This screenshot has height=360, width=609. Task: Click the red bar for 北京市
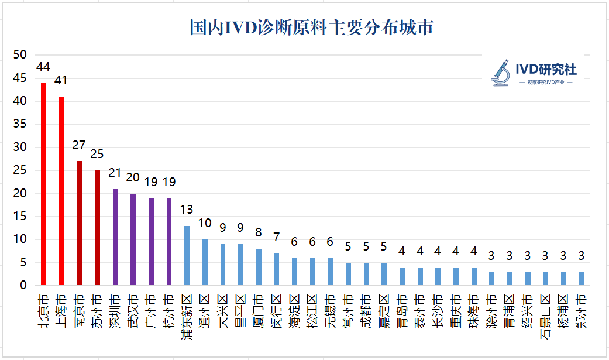(43, 184)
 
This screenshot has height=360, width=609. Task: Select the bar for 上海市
(61, 191)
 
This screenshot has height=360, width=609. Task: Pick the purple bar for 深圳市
(115, 238)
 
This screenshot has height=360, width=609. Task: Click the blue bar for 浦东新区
(187, 256)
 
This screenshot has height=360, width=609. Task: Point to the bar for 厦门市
(259, 268)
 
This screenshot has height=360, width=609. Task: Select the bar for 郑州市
(581, 279)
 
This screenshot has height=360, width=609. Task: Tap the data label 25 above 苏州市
(97, 154)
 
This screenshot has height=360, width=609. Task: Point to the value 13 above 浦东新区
(187, 210)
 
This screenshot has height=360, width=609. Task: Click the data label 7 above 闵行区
(277, 237)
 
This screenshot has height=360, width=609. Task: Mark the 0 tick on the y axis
(23, 286)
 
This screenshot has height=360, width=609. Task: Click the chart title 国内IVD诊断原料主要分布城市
(311, 28)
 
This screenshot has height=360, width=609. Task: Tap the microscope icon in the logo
(501, 72)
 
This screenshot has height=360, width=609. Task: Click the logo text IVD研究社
(546, 70)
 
